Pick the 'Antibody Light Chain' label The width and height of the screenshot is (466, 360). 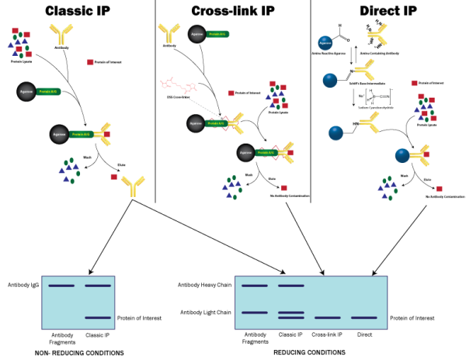tap(206, 313)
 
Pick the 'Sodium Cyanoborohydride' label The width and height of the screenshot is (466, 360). tap(378, 106)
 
